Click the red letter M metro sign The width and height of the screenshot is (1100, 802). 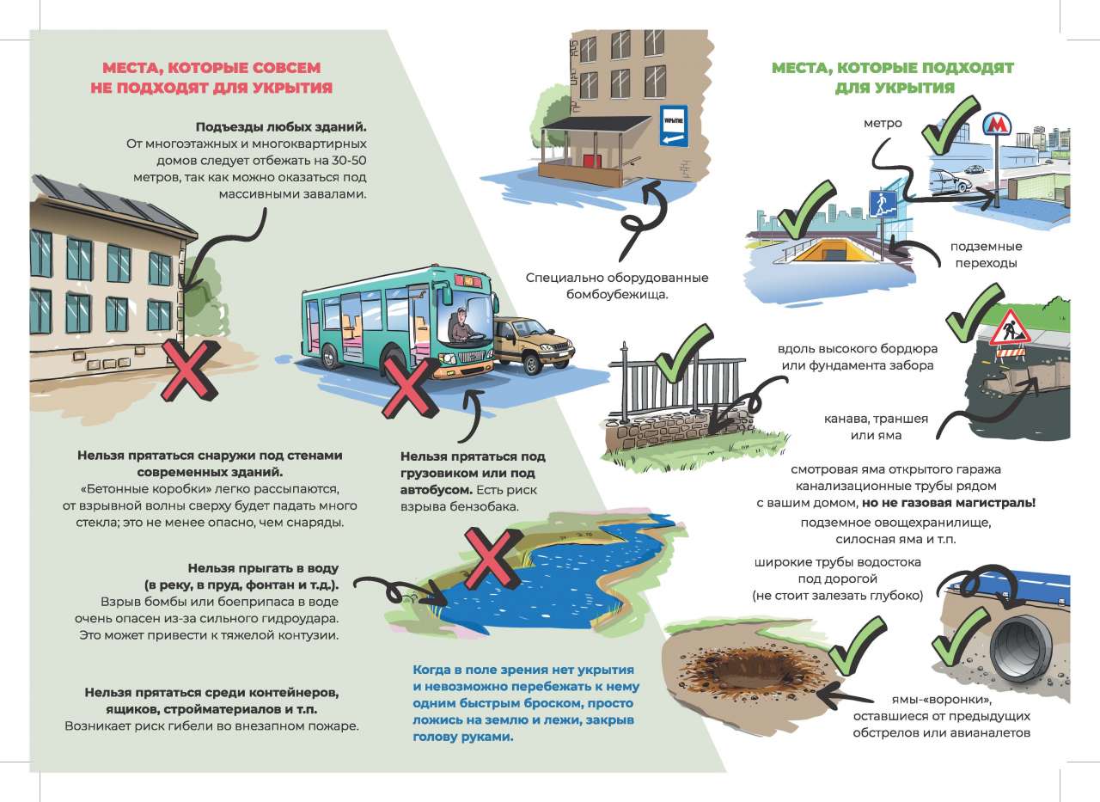[x=996, y=125]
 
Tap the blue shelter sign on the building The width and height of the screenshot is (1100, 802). [x=673, y=126]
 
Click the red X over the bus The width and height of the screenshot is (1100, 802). [x=410, y=388]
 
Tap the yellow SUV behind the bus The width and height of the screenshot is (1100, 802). [x=533, y=344]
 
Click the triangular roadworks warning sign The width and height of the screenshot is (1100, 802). [x=1010, y=328]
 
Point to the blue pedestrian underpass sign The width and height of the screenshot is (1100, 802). [x=882, y=205]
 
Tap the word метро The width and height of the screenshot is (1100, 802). [x=883, y=123]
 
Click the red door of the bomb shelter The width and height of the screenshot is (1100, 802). [x=593, y=160]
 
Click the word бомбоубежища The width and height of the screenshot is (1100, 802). [x=617, y=295]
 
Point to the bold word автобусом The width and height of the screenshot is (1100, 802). [x=436, y=490]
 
